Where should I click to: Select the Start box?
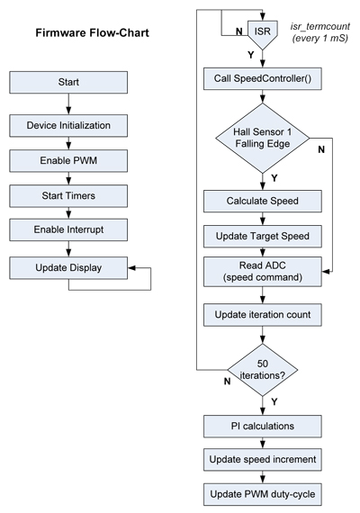[x=69, y=83]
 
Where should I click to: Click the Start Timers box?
[x=69, y=193]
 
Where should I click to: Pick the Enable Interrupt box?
[x=69, y=230]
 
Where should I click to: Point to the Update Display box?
[x=69, y=268]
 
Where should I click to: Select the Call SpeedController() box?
[x=261, y=77]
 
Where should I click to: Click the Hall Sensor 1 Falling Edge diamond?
[x=261, y=139]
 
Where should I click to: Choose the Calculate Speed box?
[x=261, y=200]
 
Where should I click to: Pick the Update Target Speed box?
[x=261, y=236]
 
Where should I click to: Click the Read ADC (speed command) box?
[x=261, y=271]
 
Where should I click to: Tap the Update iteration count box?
[x=261, y=315]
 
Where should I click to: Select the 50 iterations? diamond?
[x=261, y=369]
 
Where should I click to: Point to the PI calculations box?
[x=261, y=423]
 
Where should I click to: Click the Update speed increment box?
[x=261, y=459]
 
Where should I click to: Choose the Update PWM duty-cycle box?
[x=261, y=494]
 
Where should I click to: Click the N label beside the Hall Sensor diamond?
[x=322, y=175]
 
